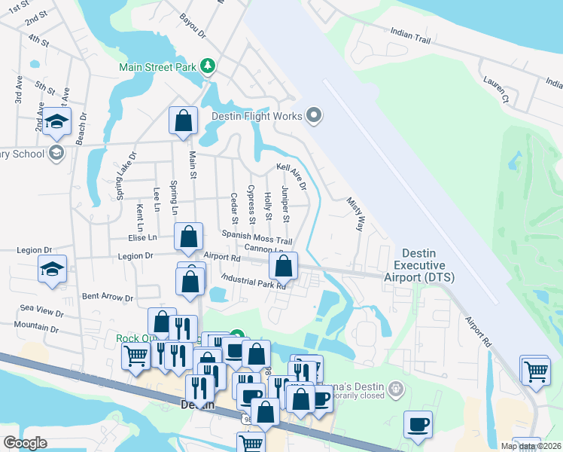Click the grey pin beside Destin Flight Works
click(x=315, y=116)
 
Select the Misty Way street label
click(x=355, y=214)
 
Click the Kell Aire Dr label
click(x=292, y=176)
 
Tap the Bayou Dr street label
click(x=193, y=24)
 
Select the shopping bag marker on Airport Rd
click(x=283, y=265)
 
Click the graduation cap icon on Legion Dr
click(x=53, y=268)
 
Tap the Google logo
click(x=25, y=443)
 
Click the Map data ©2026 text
click(x=531, y=446)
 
